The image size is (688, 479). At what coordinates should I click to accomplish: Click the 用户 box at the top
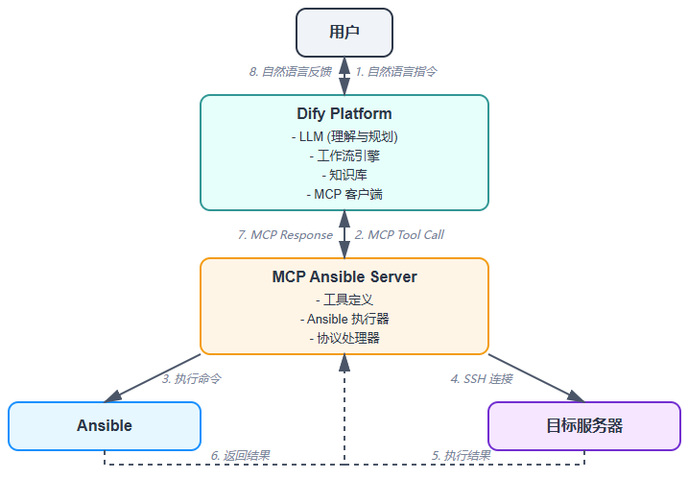click(x=344, y=33)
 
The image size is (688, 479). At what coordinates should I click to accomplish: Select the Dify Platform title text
click(x=344, y=114)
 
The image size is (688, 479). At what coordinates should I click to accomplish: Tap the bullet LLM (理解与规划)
click(x=344, y=137)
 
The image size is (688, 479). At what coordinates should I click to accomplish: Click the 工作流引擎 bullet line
click(x=344, y=156)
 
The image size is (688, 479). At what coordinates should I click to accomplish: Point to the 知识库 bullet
click(x=344, y=175)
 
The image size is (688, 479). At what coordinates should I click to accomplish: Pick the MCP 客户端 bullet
click(x=344, y=194)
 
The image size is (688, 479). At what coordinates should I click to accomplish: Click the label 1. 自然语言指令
click(x=396, y=71)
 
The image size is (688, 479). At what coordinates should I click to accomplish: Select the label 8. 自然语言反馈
click(x=291, y=71)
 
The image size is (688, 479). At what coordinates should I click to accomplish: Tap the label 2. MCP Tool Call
click(x=399, y=234)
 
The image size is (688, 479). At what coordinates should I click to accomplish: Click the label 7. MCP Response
click(x=285, y=234)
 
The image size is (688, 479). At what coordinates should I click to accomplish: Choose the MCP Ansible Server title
click(x=344, y=277)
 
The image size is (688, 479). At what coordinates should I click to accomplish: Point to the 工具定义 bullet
click(x=344, y=299)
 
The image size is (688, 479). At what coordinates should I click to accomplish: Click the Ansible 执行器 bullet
click(x=344, y=319)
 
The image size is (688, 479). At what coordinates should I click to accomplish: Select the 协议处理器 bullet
click(x=344, y=338)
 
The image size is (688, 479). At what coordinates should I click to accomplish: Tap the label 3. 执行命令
click(x=192, y=378)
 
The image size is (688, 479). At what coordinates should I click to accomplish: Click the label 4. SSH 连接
click(x=482, y=378)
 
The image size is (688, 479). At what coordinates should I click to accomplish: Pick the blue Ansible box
click(x=105, y=425)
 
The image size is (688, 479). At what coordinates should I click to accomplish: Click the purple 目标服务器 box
click(x=583, y=425)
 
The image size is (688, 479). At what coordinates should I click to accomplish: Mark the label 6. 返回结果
click(x=240, y=455)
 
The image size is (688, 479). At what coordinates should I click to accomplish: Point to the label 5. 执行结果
click(x=461, y=455)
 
